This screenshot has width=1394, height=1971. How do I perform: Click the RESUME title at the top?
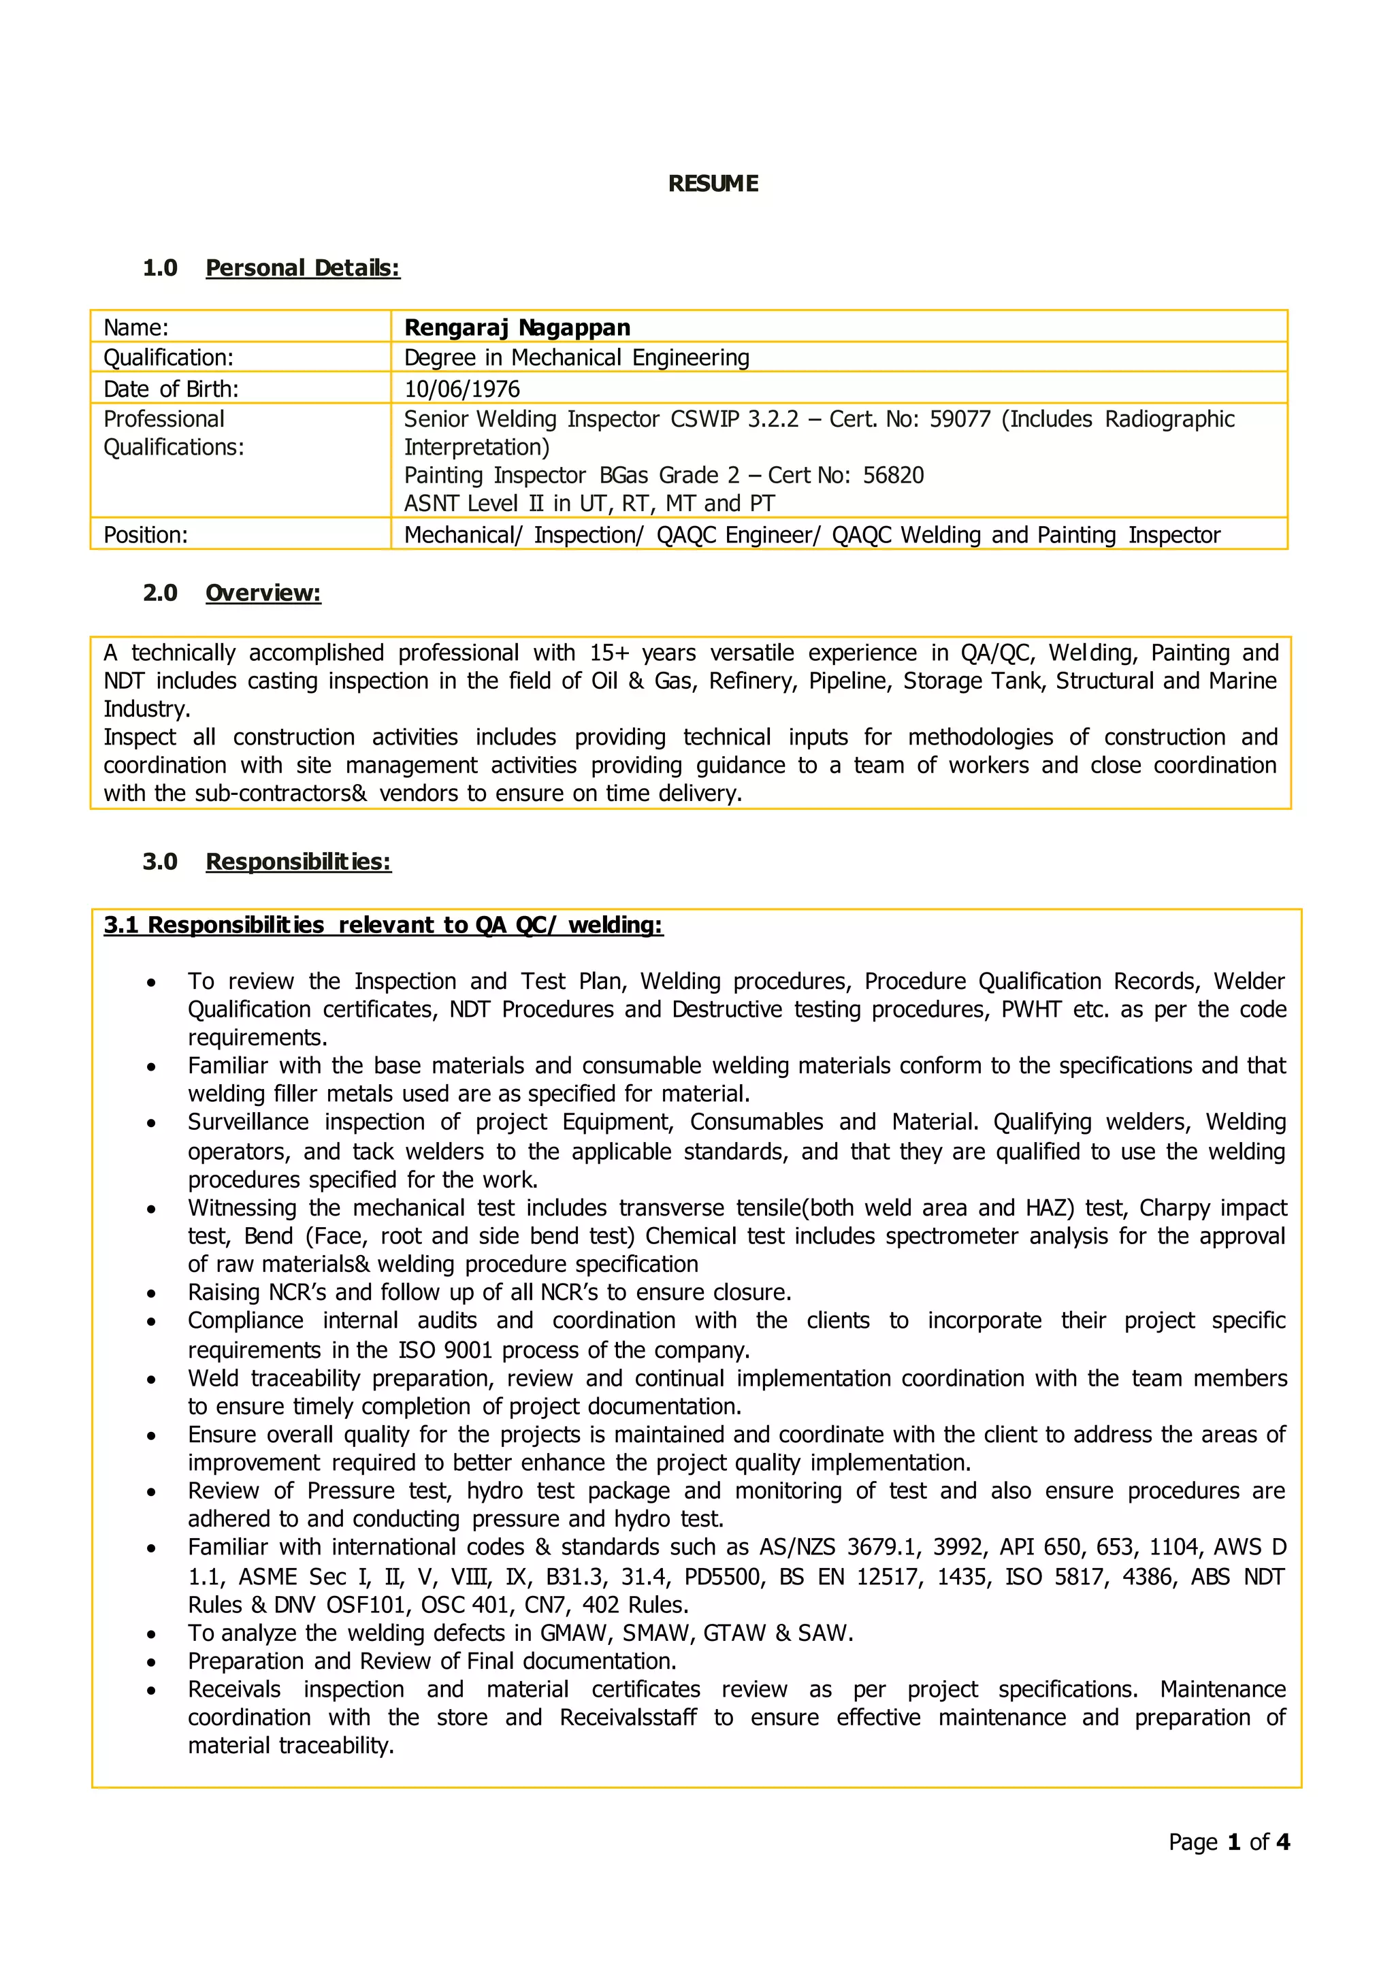click(713, 184)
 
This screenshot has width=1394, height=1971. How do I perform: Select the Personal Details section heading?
click(302, 268)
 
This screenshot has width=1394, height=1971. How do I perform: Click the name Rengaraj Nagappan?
click(517, 327)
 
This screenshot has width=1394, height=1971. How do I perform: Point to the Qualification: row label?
click(168, 357)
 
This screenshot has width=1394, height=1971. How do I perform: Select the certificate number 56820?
click(893, 476)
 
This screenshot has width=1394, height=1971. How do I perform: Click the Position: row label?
click(145, 535)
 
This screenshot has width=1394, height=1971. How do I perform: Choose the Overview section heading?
click(263, 593)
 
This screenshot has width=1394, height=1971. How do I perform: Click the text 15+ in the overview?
click(609, 653)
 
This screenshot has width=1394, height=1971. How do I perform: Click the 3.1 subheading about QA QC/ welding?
click(383, 926)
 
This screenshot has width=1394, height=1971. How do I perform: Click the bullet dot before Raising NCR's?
click(151, 1294)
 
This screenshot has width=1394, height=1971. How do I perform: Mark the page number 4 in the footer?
click(1282, 1842)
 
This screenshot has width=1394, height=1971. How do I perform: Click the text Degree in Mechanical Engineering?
click(576, 357)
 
